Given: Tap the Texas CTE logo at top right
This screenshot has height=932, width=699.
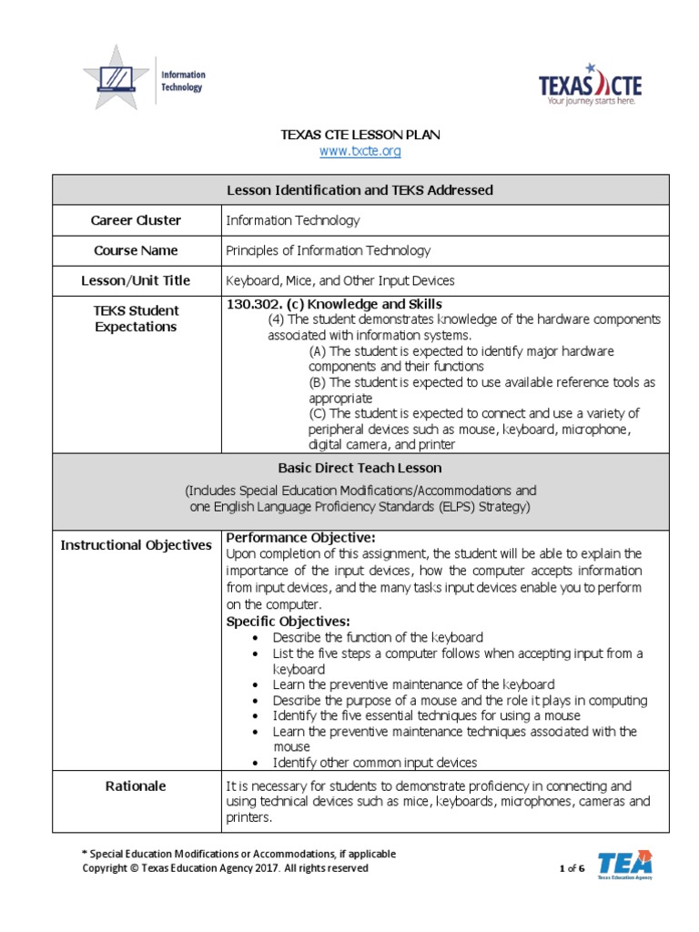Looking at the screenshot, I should click(590, 86).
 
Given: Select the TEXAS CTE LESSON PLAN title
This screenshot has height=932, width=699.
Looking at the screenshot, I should click(360, 135).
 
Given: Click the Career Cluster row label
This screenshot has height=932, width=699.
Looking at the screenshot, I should click(136, 220).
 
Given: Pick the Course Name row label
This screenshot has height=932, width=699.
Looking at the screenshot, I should click(136, 250).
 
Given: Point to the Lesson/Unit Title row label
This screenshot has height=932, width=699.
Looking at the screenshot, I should click(136, 280).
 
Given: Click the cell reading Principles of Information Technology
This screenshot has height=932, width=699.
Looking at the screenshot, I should click(328, 250).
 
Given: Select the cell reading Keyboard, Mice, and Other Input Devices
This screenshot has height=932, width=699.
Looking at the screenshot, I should click(339, 280).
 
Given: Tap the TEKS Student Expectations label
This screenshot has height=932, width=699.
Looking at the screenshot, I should click(136, 319).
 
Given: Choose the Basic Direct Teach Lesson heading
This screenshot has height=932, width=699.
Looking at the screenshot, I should click(360, 468).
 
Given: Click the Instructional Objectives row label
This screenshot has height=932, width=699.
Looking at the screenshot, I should click(136, 545).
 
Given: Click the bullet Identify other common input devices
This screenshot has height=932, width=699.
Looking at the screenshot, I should click(374, 763).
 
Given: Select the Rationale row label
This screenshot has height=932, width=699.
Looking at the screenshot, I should click(136, 786).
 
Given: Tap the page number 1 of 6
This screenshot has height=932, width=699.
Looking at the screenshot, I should click(572, 869).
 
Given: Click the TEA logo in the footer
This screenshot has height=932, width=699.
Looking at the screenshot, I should click(624, 865).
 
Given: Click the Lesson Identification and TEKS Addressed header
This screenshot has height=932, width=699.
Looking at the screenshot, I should click(360, 190).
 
